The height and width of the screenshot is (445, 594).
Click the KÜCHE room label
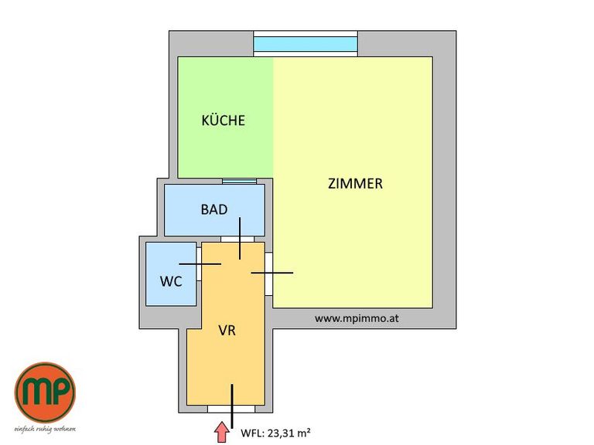point(223,120)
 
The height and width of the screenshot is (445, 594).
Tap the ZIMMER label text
point(355,184)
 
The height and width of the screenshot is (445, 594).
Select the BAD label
point(214,209)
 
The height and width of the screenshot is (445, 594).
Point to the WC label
point(171,281)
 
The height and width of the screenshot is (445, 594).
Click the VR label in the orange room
point(227,331)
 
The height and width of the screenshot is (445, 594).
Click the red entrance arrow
point(222,433)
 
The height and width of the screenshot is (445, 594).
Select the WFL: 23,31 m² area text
point(276,433)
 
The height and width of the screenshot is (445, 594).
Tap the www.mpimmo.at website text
point(357,318)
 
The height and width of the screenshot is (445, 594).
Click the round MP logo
point(45,392)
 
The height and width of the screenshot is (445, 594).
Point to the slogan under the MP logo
point(45,429)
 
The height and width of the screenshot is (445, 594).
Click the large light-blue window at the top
point(306,44)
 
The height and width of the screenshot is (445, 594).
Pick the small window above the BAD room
point(240,182)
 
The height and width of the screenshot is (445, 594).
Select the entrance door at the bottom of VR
point(231,409)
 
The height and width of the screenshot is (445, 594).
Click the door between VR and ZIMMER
point(268,274)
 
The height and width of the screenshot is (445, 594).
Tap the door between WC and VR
point(199,263)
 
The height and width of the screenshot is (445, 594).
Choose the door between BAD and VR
point(237,239)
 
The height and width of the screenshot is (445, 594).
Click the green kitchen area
point(226,117)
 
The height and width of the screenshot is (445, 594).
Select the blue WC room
point(171,274)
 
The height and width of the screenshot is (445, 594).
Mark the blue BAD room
point(214,210)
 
